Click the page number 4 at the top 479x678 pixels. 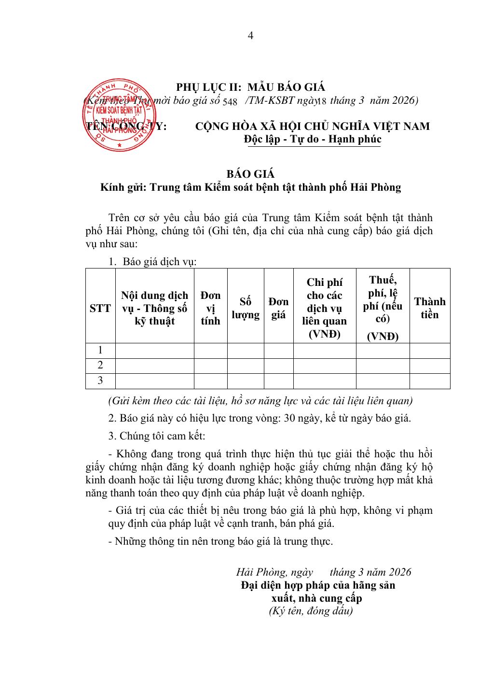coord(250,36)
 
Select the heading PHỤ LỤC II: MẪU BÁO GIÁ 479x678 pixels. coord(250,87)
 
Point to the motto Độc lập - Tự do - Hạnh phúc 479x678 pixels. coord(313,139)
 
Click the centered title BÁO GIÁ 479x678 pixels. coord(250,174)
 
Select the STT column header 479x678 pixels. coord(100,308)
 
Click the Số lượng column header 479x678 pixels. coord(246,308)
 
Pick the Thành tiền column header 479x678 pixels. coord(429,308)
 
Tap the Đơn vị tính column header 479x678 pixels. coord(210,308)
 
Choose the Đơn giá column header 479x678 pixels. coord(278,308)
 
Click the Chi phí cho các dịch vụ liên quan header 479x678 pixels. coord(324,308)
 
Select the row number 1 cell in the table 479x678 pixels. coord(100,351)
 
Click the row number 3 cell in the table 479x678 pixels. coord(100,381)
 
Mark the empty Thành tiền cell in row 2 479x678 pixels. coord(429,366)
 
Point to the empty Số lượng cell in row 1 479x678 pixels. coord(246,351)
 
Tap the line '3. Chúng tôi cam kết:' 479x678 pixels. coord(157,436)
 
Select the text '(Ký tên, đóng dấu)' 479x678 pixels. coord(311,611)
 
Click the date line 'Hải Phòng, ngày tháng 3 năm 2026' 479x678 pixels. coord(323,572)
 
